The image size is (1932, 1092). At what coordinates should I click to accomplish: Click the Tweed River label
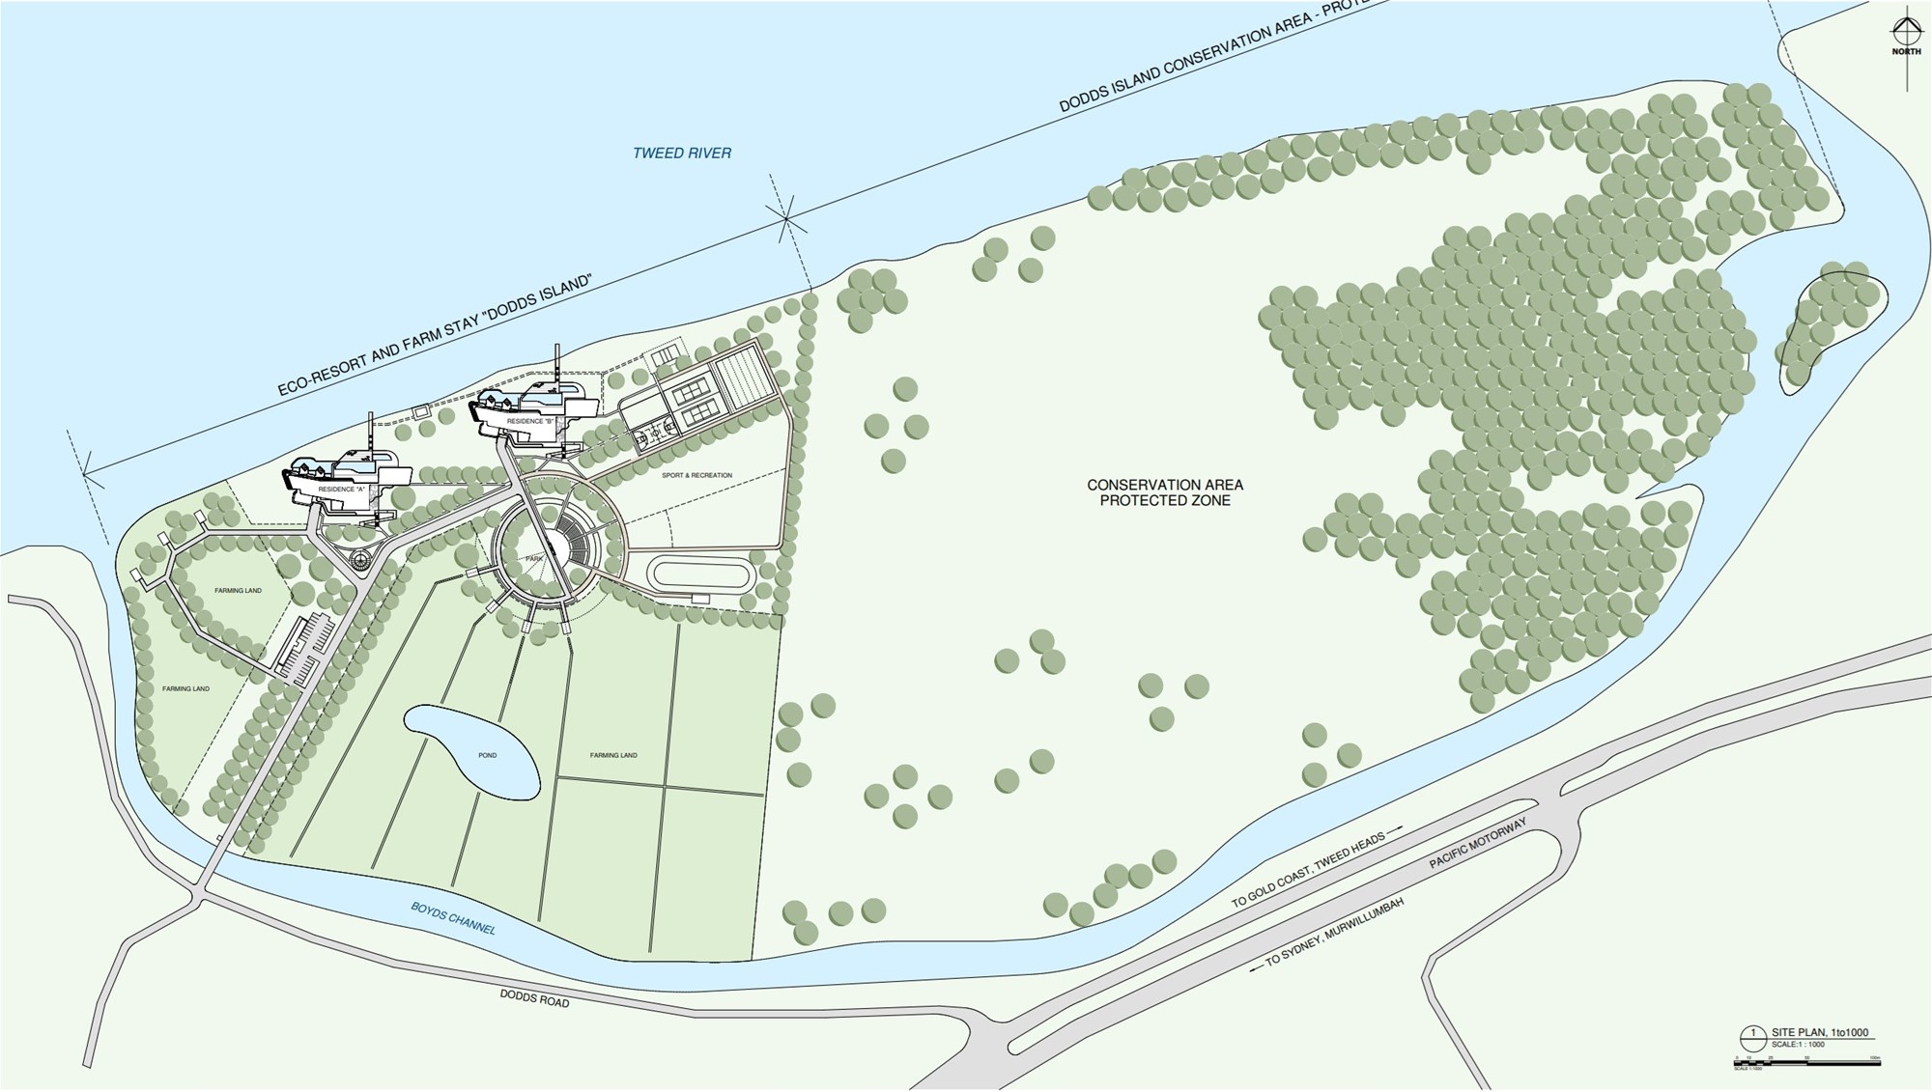(682, 153)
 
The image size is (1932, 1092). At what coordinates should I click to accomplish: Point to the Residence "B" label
(526, 422)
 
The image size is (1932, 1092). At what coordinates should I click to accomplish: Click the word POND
(487, 755)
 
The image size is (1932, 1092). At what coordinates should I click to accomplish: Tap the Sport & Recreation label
(696, 475)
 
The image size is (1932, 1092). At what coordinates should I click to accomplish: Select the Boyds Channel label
(453, 917)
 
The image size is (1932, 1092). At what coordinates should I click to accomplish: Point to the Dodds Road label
(534, 999)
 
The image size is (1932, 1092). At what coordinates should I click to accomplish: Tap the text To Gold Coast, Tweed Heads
(1308, 869)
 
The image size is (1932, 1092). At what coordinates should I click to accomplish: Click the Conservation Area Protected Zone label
(1165, 492)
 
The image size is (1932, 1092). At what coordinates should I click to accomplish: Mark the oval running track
(702, 574)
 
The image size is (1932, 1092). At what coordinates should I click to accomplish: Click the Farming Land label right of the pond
(613, 755)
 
